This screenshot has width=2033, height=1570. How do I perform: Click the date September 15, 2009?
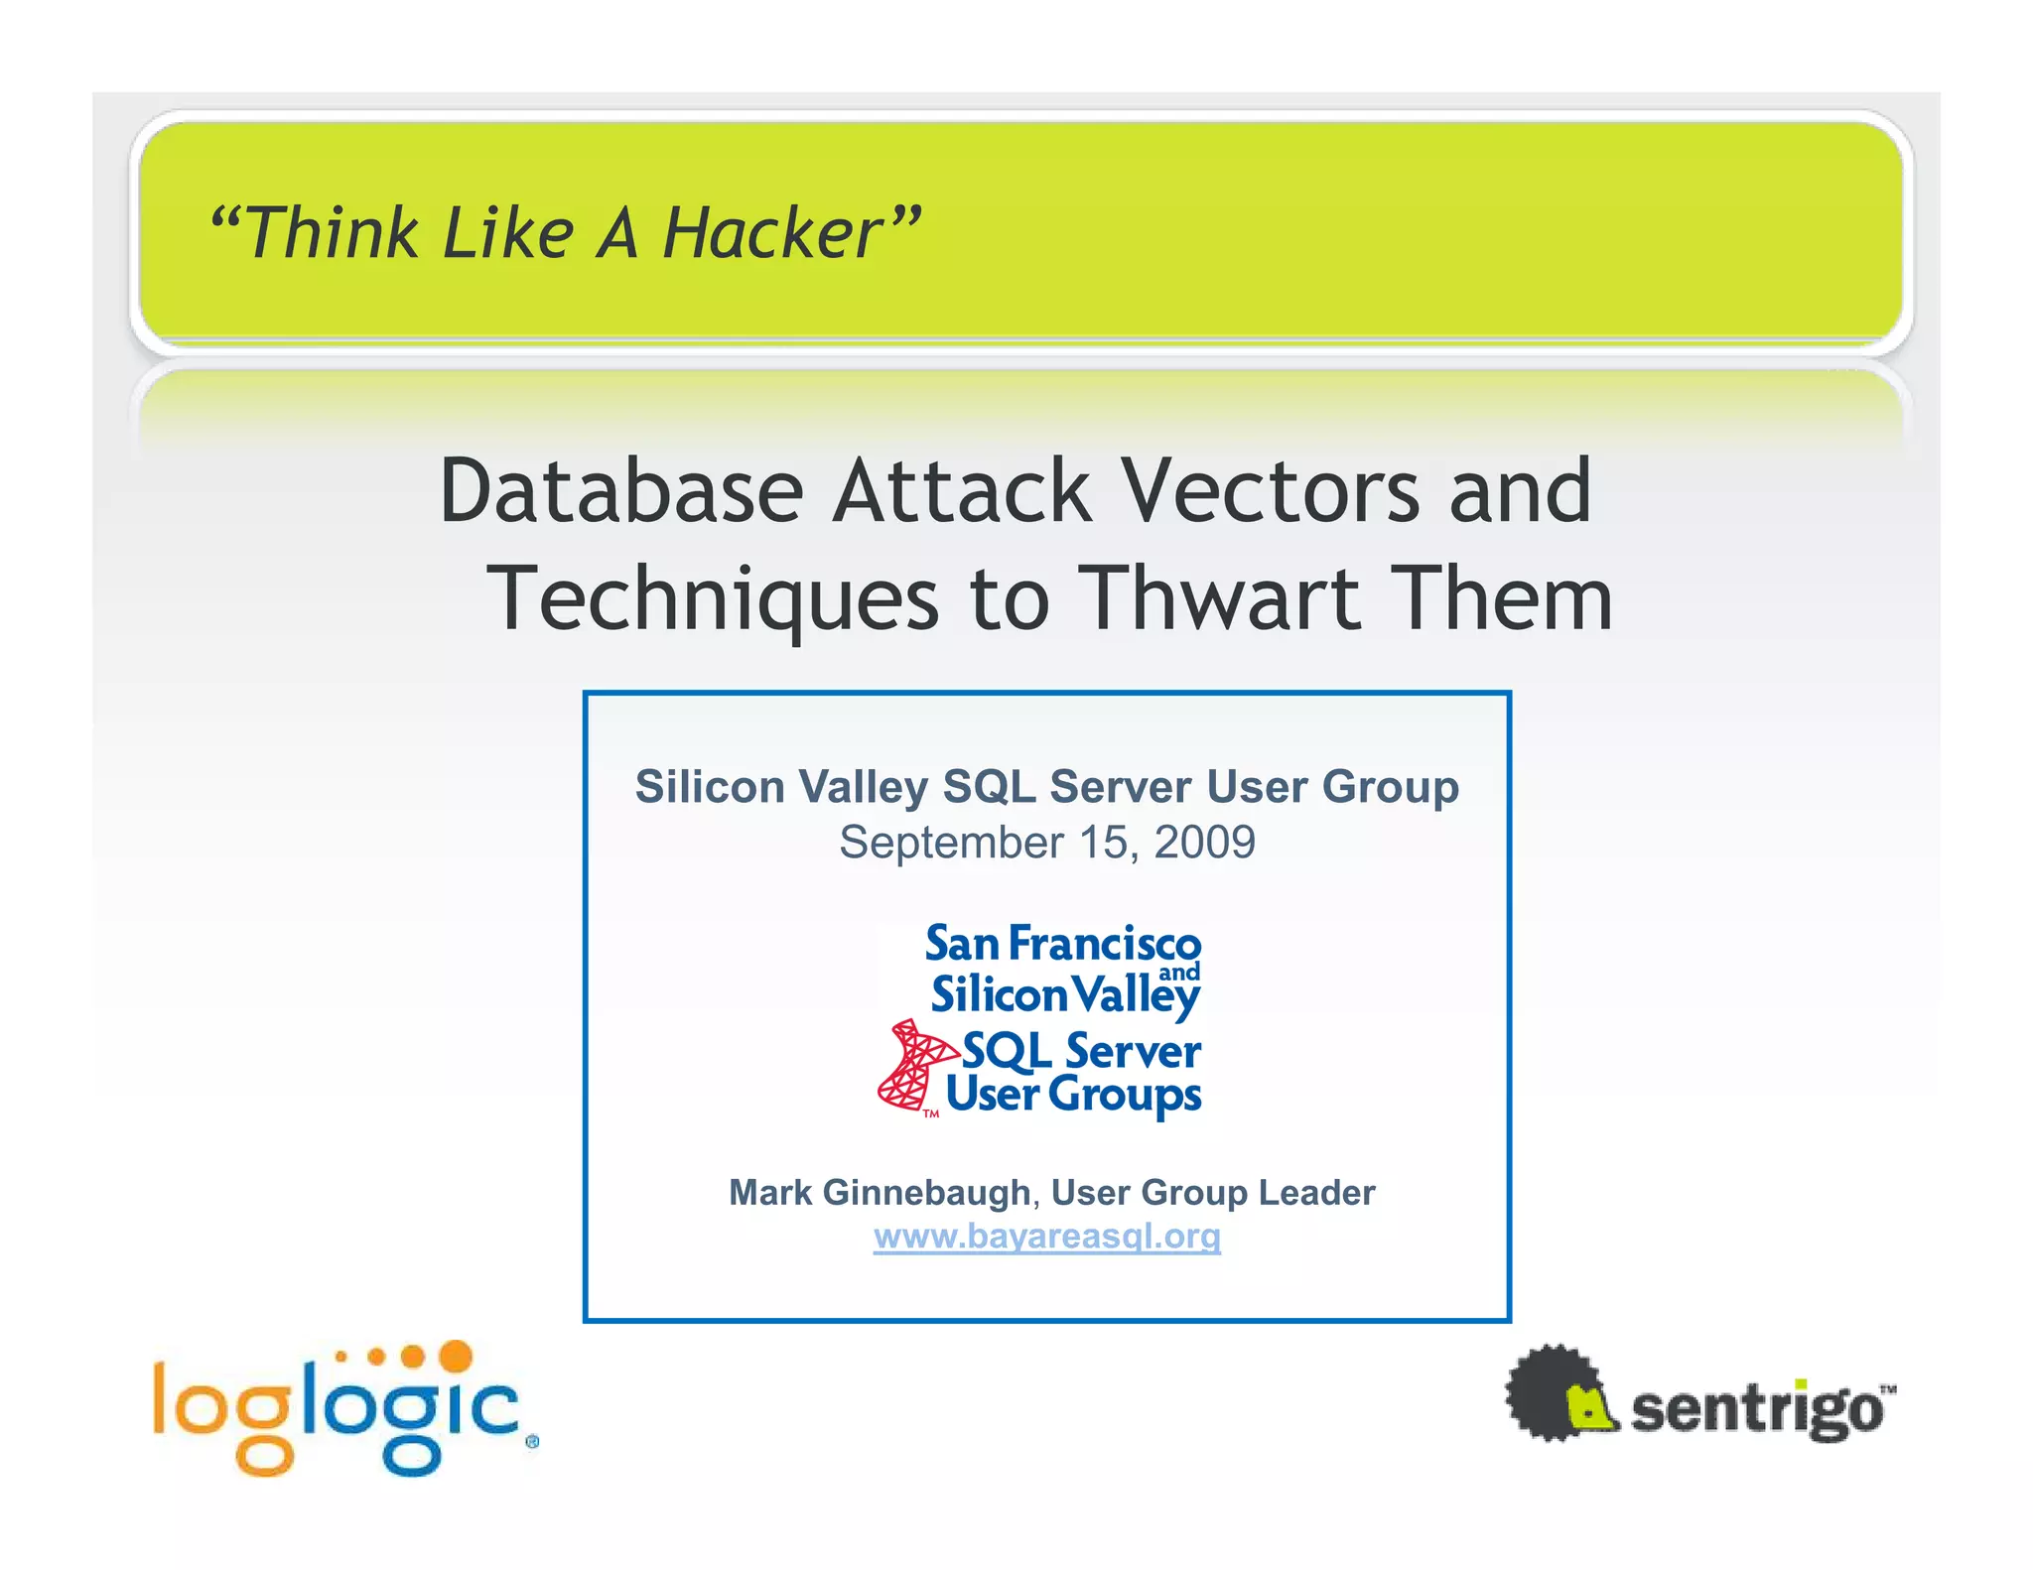click(1047, 843)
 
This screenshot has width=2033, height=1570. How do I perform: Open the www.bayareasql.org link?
click(1047, 1237)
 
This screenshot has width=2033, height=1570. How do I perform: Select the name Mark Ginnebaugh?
click(880, 1193)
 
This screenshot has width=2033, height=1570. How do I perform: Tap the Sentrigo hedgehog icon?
click(1559, 1393)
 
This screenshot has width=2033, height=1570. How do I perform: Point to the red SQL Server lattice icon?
click(912, 1067)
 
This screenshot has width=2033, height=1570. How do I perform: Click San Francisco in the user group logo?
click(1062, 944)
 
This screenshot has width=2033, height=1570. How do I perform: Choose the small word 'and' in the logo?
click(1179, 973)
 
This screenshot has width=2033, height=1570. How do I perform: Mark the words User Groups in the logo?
click(1073, 1095)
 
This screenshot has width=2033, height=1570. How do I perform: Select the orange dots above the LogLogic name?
click(407, 1356)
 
